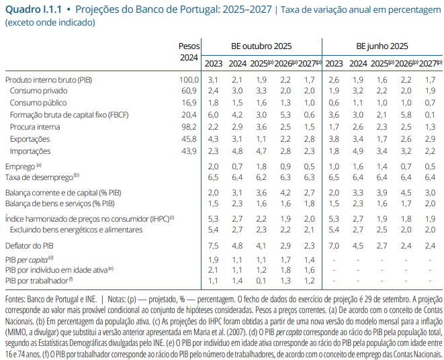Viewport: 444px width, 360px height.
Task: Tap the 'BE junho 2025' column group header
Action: pyautogui.click(x=382, y=46)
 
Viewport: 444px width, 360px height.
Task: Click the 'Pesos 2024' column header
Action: pyautogui.click(x=189, y=52)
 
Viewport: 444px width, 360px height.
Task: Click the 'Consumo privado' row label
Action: pyautogui.click(x=38, y=91)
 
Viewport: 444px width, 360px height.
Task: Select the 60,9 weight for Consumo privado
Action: pyautogui.click(x=190, y=91)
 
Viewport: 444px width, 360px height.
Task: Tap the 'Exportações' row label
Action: pyautogui.click(x=31, y=138)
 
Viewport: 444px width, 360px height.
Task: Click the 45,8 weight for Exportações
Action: pyautogui.click(x=190, y=138)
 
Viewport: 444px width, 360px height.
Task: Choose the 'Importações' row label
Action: pyautogui.click(x=31, y=150)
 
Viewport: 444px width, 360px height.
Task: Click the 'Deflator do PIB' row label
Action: pyautogui.click(x=34, y=246)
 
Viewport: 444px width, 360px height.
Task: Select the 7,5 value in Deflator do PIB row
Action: pyautogui.click(x=213, y=246)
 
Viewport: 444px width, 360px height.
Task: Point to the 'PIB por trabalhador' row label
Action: pyautogui.click(x=38, y=281)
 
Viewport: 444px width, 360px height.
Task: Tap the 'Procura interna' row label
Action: pyautogui.click(x=36, y=126)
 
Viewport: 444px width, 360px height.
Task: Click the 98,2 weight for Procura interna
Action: pyautogui.click(x=190, y=126)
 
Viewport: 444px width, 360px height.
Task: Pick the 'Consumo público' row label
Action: pyautogui.click(x=38, y=103)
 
